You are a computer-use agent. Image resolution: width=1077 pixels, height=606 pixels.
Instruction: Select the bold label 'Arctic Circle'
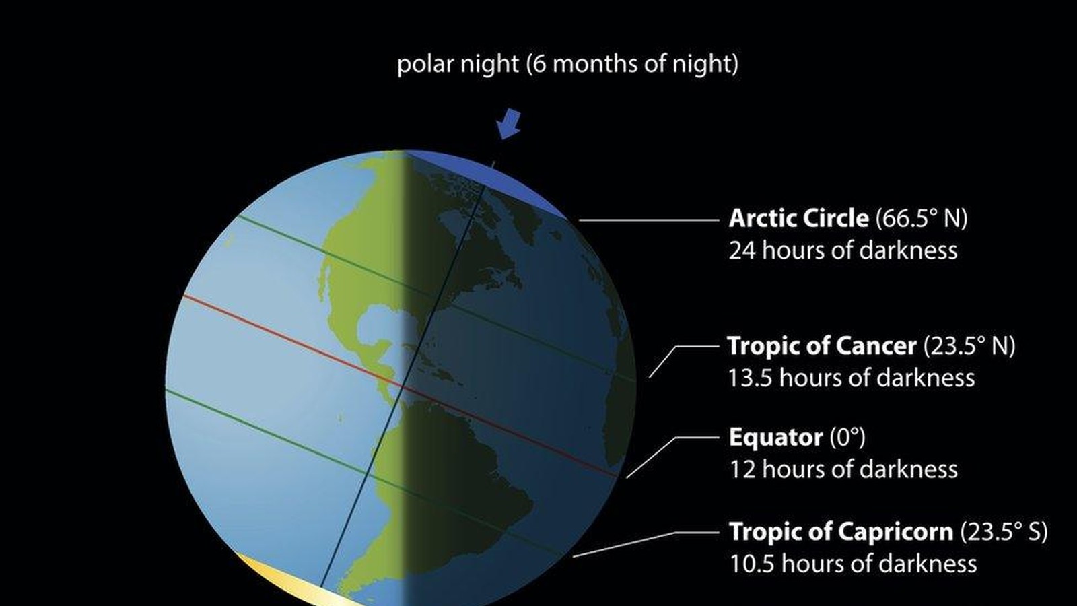798,218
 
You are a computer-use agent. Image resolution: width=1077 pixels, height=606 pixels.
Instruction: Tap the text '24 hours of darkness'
843,250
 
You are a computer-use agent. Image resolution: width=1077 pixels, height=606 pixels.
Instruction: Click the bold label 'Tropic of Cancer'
822,345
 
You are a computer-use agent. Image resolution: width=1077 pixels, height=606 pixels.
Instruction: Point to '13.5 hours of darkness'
851,378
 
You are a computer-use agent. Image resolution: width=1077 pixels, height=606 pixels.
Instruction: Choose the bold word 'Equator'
775,437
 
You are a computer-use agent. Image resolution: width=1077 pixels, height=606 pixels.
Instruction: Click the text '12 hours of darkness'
843,469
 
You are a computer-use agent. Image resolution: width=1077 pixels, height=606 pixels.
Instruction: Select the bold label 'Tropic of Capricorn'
841,531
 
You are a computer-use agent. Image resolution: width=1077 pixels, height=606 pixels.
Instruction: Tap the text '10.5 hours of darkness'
853,564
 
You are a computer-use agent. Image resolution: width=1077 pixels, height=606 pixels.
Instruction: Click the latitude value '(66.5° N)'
921,218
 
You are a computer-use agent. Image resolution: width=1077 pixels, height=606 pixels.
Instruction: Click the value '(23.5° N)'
969,345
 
